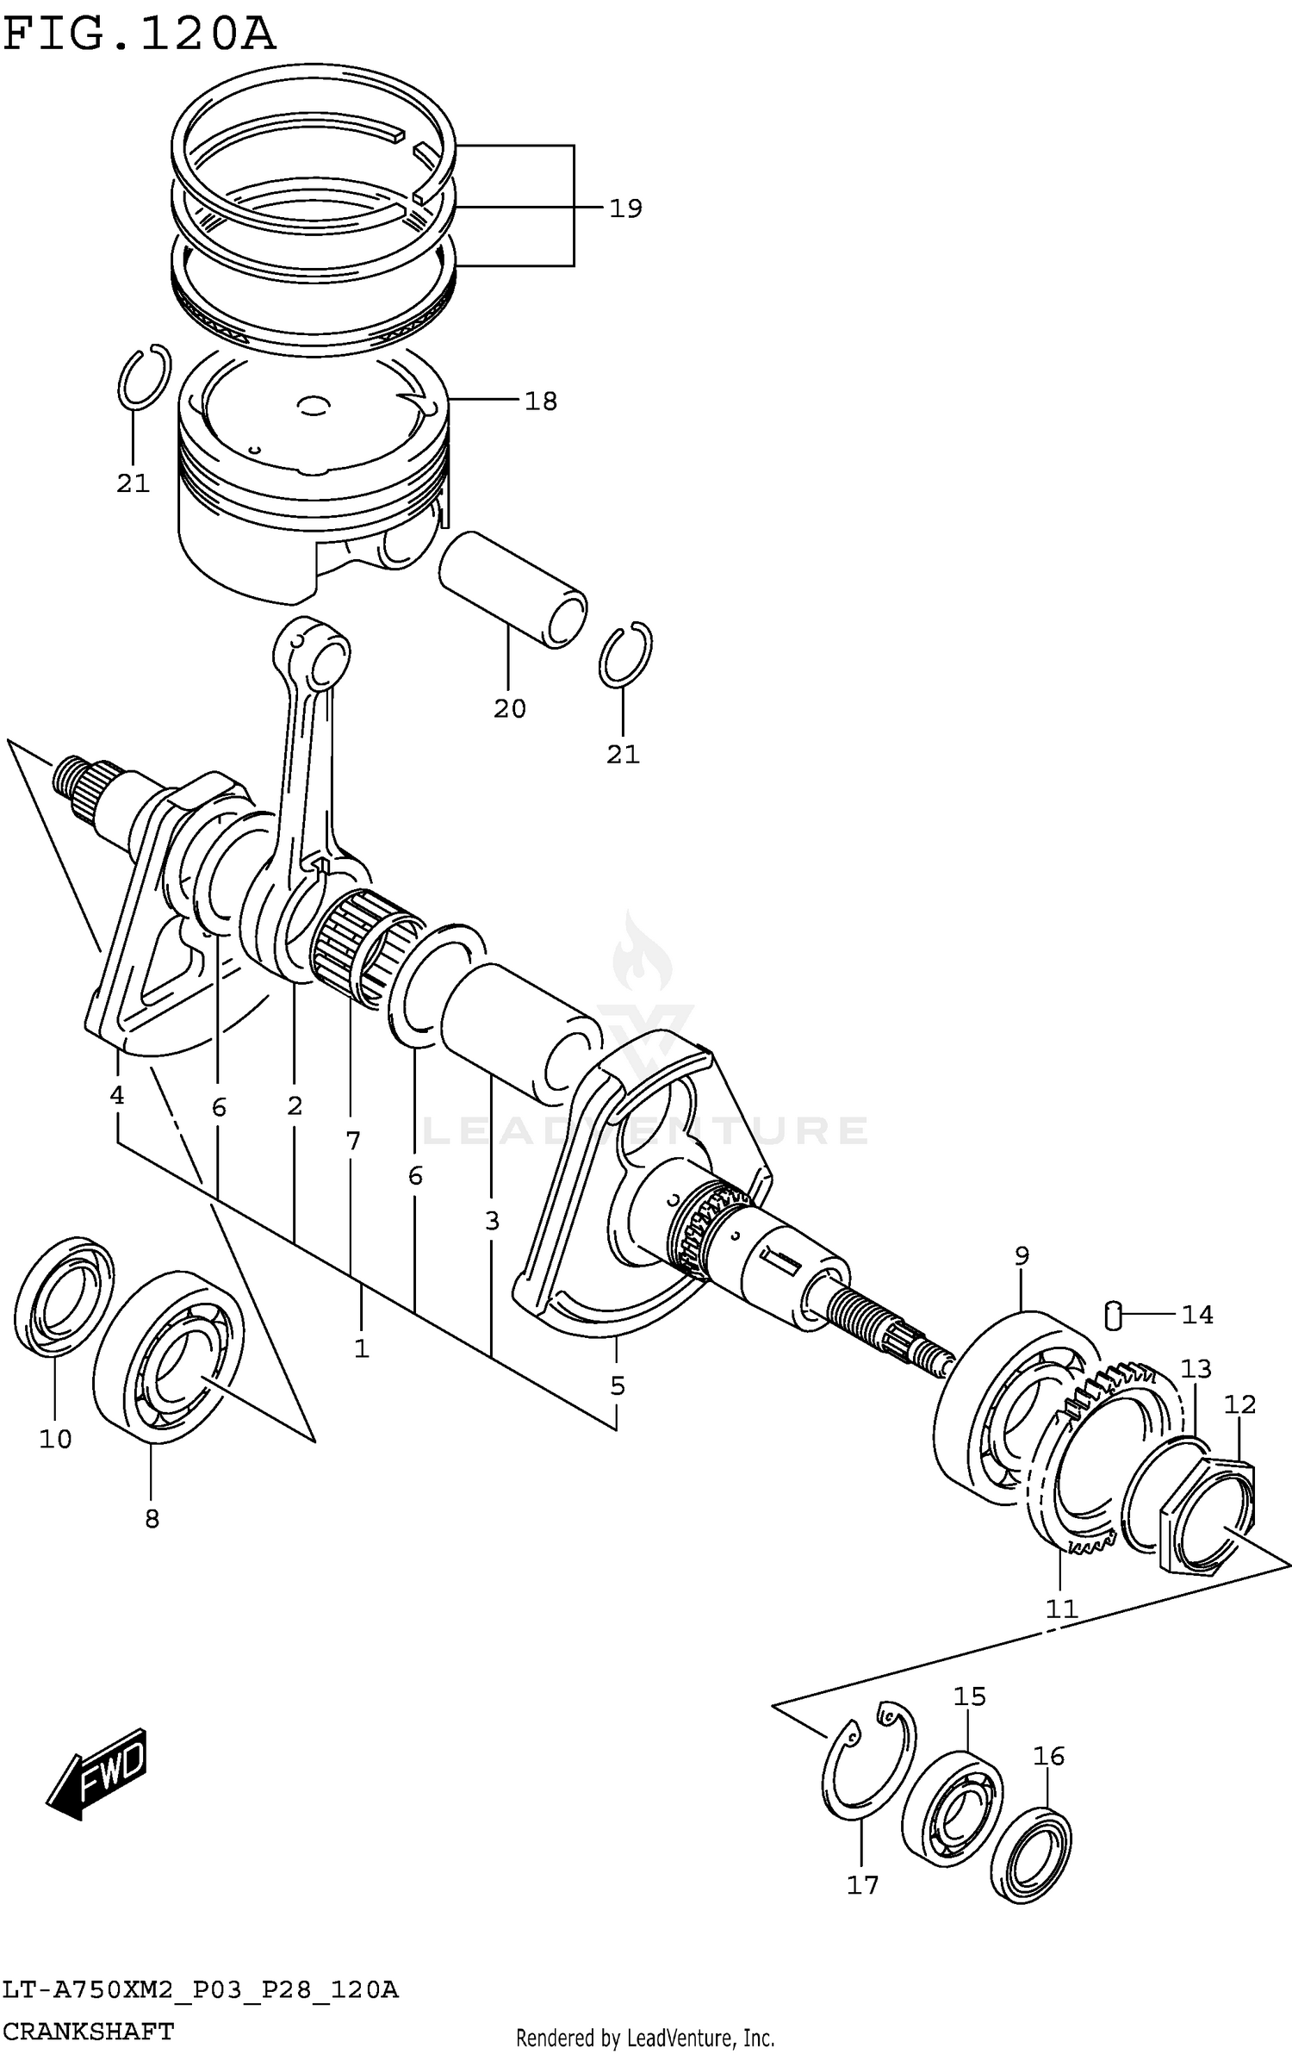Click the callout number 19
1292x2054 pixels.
[x=625, y=209]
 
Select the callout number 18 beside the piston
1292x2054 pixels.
[x=541, y=401]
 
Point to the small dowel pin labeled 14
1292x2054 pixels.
[x=1113, y=1315]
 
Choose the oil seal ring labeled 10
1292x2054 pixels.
[x=65, y=1298]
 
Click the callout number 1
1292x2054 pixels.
[x=361, y=1348]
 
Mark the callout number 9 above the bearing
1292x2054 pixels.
[x=1022, y=1256]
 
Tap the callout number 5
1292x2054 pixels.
[x=617, y=1386]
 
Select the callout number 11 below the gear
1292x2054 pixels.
[x=1061, y=1609]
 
